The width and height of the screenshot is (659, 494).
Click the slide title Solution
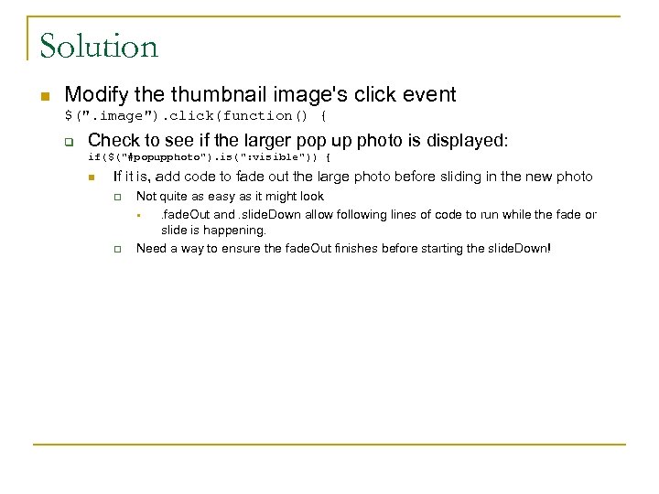point(99,46)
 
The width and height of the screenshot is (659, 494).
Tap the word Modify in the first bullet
point(93,94)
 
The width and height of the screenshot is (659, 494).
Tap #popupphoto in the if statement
point(164,158)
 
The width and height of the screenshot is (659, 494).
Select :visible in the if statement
point(275,158)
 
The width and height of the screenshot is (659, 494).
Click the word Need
point(153,248)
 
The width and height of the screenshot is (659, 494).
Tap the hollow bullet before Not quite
point(117,198)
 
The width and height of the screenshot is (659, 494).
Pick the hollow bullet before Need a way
point(117,249)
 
